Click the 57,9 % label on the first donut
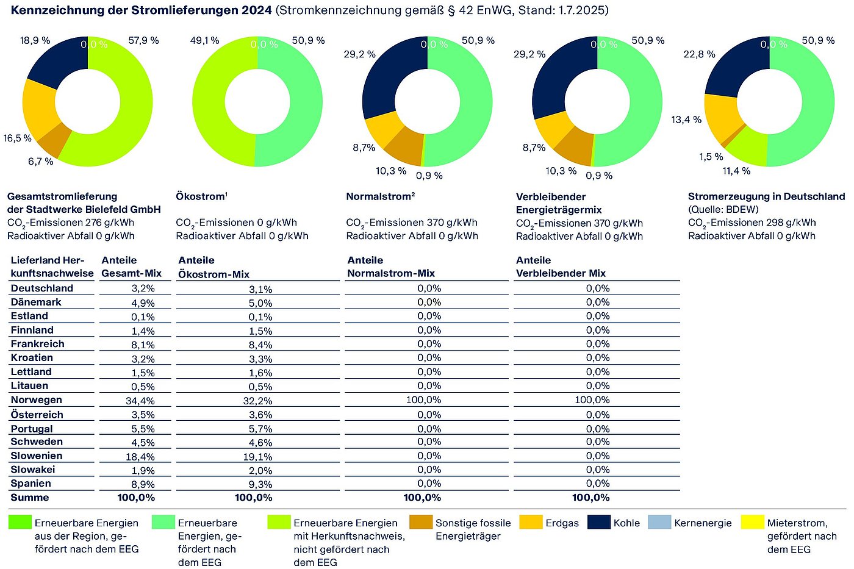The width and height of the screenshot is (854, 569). [x=143, y=41]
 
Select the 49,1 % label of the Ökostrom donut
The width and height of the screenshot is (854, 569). [x=204, y=41]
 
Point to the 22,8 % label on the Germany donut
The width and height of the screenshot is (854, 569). [x=699, y=55]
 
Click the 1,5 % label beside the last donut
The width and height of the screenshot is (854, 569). [x=711, y=157]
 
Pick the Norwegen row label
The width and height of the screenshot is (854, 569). [x=36, y=400]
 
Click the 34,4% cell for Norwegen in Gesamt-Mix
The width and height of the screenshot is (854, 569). [x=140, y=401]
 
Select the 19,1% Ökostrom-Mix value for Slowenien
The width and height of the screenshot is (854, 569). [x=260, y=457]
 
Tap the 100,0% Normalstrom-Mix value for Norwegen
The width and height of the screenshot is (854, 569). [x=423, y=400]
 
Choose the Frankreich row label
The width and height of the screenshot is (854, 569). [x=37, y=344]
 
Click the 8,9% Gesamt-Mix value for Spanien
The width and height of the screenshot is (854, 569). [x=143, y=485]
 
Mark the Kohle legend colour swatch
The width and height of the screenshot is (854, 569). [x=598, y=523]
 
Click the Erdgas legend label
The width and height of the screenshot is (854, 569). [x=562, y=523]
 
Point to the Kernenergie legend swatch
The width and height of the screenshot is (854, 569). [x=659, y=523]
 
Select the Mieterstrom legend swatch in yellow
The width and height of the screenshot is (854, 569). [x=752, y=523]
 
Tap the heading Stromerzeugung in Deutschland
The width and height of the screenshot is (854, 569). [x=766, y=196]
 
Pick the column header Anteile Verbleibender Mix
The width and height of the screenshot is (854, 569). [x=561, y=267]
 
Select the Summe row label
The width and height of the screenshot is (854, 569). [x=30, y=498]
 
